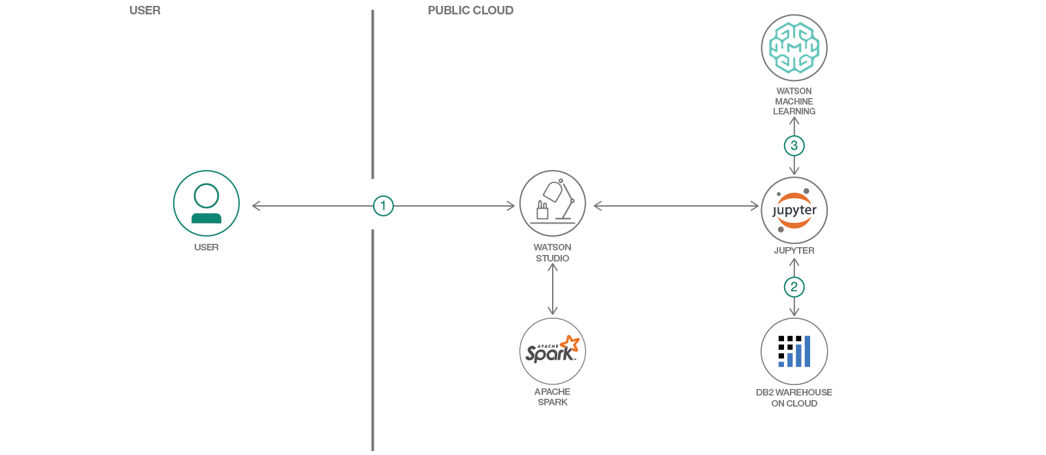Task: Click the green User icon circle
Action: pyautogui.click(x=206, y=203)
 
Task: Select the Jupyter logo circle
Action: pyautogui.click(x=794, y=211)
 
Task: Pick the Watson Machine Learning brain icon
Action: pyautogui.click(x=794, y=48)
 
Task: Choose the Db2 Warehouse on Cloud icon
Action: pyautogui.click(x=794, y=352)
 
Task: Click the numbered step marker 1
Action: pyautogui.click(x=384, y=206)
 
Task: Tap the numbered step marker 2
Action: pyautogui.click(x=794, y=287)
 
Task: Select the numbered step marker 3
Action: pyautogui.click(x=794, y=146)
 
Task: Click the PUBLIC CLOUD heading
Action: pyautogui.click(x=470, y=10)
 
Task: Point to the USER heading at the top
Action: pyautogui.click(x=145, y=10)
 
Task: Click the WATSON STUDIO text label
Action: pyautogui.click(x=553, y=252)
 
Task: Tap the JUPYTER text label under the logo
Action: pyautogui.click(x=794, y=250)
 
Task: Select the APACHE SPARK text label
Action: pyautogui.click(x=553, y=397)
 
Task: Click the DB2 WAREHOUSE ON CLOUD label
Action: pyautogui.click(x=794, y=397)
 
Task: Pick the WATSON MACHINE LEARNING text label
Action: pyautogui.click(x=794, y=101)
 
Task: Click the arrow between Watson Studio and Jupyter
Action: pyautogui.click(x=676, y=206)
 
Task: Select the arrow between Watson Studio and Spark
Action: pyautogui.click(x=553, y=290)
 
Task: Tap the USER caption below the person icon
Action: pyautogui.click(x=206, y=247)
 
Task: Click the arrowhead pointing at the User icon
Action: pyautogui.click(x=255, y=206)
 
